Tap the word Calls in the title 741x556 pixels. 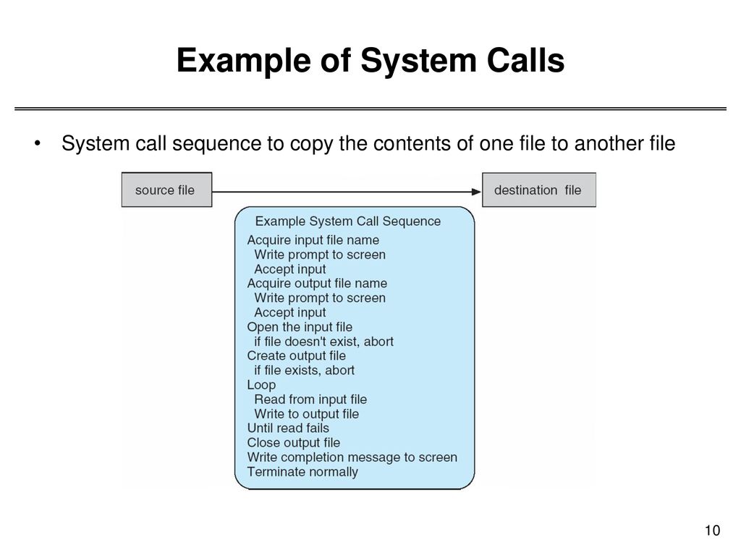525,60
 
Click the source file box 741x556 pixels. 166,190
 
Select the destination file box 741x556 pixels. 538,190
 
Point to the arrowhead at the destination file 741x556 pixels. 477,191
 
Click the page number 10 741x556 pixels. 712,531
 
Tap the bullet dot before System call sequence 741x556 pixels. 38,143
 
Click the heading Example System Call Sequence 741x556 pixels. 348,222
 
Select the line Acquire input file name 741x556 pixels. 313,240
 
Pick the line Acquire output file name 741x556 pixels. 317,283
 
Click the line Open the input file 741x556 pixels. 300,327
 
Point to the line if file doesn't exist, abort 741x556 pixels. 323,342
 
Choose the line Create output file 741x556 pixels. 296,356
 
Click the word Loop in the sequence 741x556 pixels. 261,385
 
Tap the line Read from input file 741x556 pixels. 310,400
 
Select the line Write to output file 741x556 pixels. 307,414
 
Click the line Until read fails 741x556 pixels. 288,429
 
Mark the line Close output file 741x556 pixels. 294,443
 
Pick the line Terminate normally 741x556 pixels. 302,472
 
